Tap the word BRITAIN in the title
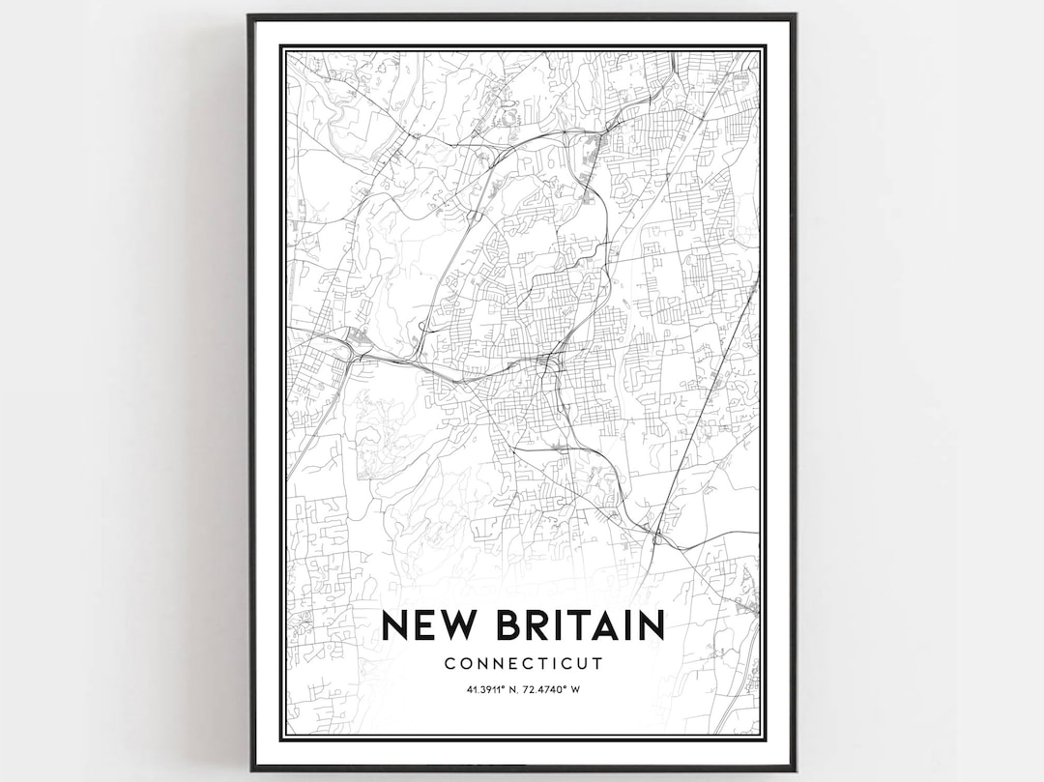(x=579, y=624)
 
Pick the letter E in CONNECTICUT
(x=513, y=664)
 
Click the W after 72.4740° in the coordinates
(x=576, y=689)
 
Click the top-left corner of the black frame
(x=248, y=15)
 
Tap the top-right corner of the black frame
(x=795, y=15)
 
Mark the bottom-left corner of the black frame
(x=250, y=769)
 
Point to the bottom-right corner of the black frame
(x=795, y=770)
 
